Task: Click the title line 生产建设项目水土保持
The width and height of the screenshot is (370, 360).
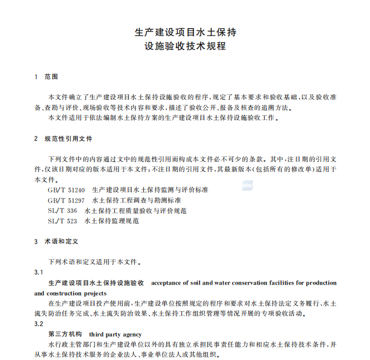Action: (185, 32)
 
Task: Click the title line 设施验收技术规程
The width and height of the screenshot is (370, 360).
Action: (185, 47)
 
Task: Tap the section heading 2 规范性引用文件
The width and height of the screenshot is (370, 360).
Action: (63, 139)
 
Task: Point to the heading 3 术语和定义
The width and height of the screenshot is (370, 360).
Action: (57, 242)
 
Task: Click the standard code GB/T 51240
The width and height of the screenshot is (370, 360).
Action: (67, 190)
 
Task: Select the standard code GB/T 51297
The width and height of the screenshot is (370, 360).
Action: (67, 200)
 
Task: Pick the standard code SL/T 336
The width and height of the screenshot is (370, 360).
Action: (63, 211)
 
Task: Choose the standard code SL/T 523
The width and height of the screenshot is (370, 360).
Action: (63, 221)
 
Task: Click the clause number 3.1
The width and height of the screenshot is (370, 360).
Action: (39, 272)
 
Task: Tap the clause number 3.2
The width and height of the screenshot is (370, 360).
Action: (39, 324)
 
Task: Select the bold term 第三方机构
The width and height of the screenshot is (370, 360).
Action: (65, 334)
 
